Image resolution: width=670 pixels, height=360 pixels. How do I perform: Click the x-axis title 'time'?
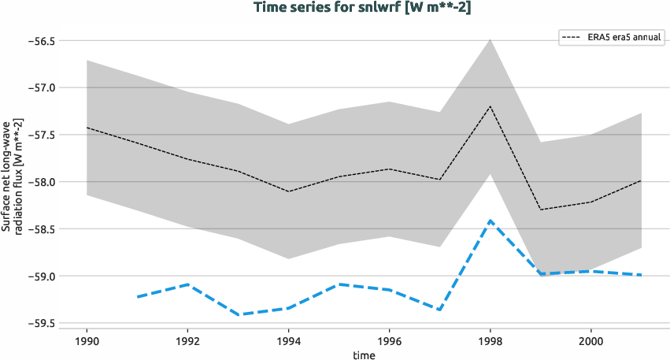[x=364, y=355]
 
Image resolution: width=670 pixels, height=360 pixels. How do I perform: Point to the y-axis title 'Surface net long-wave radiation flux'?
[x=12, y=182]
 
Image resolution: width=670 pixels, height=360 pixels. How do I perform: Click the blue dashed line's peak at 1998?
[x=490, y=221]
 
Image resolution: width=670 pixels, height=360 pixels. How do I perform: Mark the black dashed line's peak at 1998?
[x=490, y=106]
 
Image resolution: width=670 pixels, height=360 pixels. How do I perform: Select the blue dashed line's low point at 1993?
[x=238, y=314]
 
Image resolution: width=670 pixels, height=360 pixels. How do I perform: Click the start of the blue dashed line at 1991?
[x=137, y=297]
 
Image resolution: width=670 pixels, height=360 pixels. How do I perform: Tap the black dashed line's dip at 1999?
[x=541, y=210]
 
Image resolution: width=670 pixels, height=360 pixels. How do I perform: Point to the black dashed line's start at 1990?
[x=87, y=128]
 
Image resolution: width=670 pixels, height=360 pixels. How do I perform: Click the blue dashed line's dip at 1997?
[x=439, y=310]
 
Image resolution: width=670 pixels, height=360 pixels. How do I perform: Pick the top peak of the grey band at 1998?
[x=490, y=39]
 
